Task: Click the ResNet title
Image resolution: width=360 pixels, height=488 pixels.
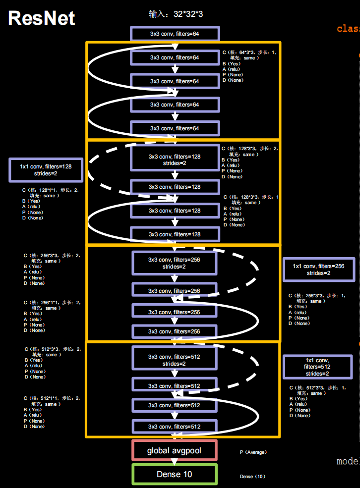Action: coord(42,18)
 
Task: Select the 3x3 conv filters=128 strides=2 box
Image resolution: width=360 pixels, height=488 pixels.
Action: coord(174,160)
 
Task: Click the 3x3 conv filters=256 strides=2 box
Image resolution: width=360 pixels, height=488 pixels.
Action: coord(174,263)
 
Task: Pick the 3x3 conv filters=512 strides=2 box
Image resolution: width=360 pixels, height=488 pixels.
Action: coord(174,360)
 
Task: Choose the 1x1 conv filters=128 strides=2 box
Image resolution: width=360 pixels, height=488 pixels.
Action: coord(46,170)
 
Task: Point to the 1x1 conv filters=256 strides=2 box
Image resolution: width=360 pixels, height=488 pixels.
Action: coord(318,270)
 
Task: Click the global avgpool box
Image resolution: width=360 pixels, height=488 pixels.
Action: coord(174,451)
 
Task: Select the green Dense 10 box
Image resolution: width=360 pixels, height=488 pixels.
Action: coord(174,474)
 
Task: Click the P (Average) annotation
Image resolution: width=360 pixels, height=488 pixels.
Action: coord(253,452)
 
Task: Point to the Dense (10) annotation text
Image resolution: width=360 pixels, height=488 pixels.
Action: coord(252,477)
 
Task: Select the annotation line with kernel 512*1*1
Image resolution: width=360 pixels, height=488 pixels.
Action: coord(52,398)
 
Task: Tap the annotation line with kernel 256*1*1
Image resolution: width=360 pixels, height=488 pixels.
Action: coord(52,302)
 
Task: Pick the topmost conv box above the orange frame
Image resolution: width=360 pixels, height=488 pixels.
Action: coord(174,34)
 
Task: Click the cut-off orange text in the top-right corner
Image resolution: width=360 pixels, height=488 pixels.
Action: coord(349,28)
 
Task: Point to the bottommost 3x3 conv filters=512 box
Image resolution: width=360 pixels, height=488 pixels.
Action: coord(174,427)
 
